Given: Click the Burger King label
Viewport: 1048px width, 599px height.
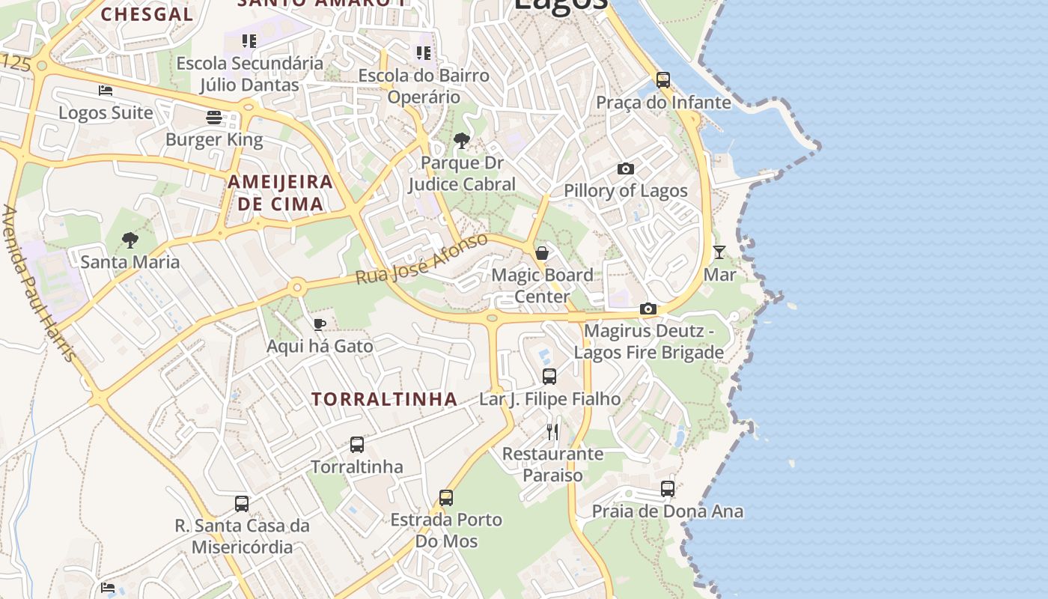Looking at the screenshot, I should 214,140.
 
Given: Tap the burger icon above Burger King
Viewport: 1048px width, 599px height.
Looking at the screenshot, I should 214,118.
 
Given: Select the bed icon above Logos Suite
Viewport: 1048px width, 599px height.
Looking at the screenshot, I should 106,91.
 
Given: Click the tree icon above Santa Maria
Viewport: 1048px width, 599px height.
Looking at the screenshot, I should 130,240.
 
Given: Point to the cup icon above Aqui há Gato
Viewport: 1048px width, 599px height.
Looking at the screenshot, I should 320,324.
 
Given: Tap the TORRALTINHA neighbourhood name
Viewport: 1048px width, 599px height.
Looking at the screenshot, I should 384,399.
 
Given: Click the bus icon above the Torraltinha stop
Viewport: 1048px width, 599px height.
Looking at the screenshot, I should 357,445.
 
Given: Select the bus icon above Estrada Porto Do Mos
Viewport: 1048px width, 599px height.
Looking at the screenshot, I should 446,497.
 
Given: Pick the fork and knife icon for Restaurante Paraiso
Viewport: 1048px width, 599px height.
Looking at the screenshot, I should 552,431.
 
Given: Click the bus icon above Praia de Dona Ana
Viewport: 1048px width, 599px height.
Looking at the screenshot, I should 668,489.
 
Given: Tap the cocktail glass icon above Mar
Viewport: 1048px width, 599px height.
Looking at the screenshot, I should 719,252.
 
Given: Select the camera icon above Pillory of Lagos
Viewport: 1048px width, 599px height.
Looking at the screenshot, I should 626,169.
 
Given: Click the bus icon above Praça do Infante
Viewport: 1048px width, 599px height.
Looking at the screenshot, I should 663,79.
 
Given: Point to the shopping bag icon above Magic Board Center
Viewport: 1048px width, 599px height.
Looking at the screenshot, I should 542,253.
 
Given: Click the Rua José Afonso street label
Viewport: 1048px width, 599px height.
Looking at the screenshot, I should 421,259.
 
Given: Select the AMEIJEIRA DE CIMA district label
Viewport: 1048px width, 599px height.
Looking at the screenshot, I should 280,192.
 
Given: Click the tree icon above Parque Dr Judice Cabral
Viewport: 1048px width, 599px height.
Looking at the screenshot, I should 462,140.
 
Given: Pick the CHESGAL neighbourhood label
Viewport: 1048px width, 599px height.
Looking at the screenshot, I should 147,13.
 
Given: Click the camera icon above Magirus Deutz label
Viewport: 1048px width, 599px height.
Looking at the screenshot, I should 648,308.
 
